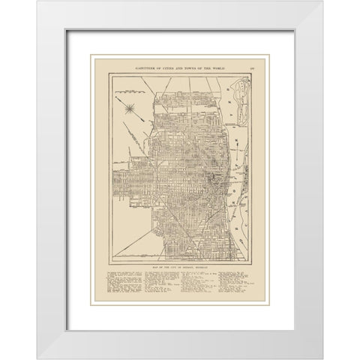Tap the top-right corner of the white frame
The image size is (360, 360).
click(x=322, y=1)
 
